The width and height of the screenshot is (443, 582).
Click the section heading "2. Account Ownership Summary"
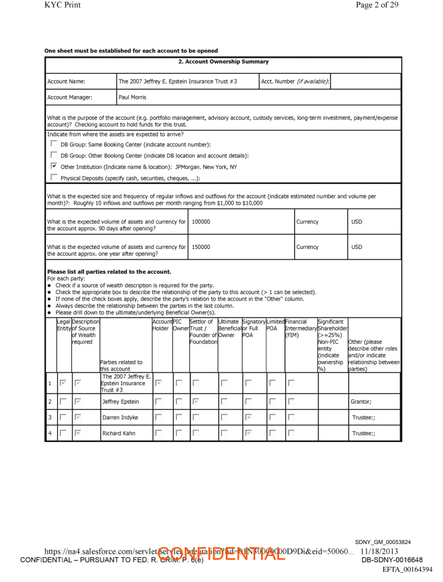pyautogui.click(x=223, y=62)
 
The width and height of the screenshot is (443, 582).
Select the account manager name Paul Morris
pyautogui.click(x=132, y=98)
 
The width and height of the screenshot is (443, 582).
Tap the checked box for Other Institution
pyautogui.click(x=53, y=166)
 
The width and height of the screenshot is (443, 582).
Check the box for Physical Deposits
pyautogui.click(x=53, y=177)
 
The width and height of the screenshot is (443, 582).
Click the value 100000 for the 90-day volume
pyautogui.click(x=201, y=222)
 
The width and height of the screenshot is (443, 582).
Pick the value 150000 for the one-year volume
pyautogui.click(x=201, y=247)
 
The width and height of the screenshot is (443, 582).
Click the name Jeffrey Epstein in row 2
pyautogui.click(x=121, y=402)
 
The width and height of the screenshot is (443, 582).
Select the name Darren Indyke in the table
pyautogui.click(x=120, y=418)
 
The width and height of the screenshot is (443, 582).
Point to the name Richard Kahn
pyautogui.click(x=119, y=433)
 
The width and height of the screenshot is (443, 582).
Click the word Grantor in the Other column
pyautogui.click(x=360, y=402)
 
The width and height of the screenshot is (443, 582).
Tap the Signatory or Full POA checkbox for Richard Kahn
pyautogui.click(x=248, y=433)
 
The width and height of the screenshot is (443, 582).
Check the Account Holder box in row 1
pyautogui.click(x=158, y=383)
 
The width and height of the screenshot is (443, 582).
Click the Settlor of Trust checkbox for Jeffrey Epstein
pyautogui.click(x=195, y=402)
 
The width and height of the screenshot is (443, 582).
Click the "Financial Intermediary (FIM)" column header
pyautogui.click(x=300, y=328)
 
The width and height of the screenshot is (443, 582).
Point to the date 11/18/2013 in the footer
pyautogui.click(x=379, y=552)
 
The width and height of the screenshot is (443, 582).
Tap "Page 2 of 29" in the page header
pyautogui.click(x=377, y=5)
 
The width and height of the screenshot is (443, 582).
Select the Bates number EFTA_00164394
pyautogui.click(x=407, y=569)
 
